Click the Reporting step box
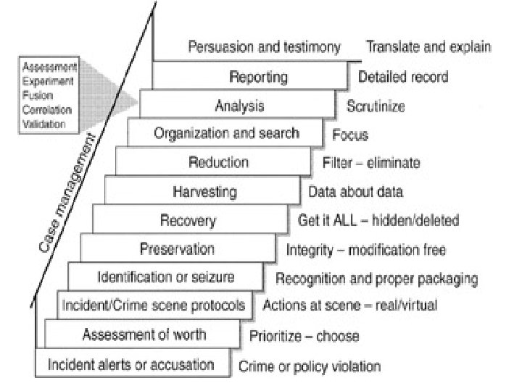258,77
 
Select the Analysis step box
239,106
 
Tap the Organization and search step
226,133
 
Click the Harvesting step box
204,192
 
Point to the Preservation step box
177,249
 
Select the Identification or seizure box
165,277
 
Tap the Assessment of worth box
144,334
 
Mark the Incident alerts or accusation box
131,363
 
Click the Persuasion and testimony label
264,48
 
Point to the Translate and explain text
428,48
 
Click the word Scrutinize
375,106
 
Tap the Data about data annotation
355,192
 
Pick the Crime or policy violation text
310,366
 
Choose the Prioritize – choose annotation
304,336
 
